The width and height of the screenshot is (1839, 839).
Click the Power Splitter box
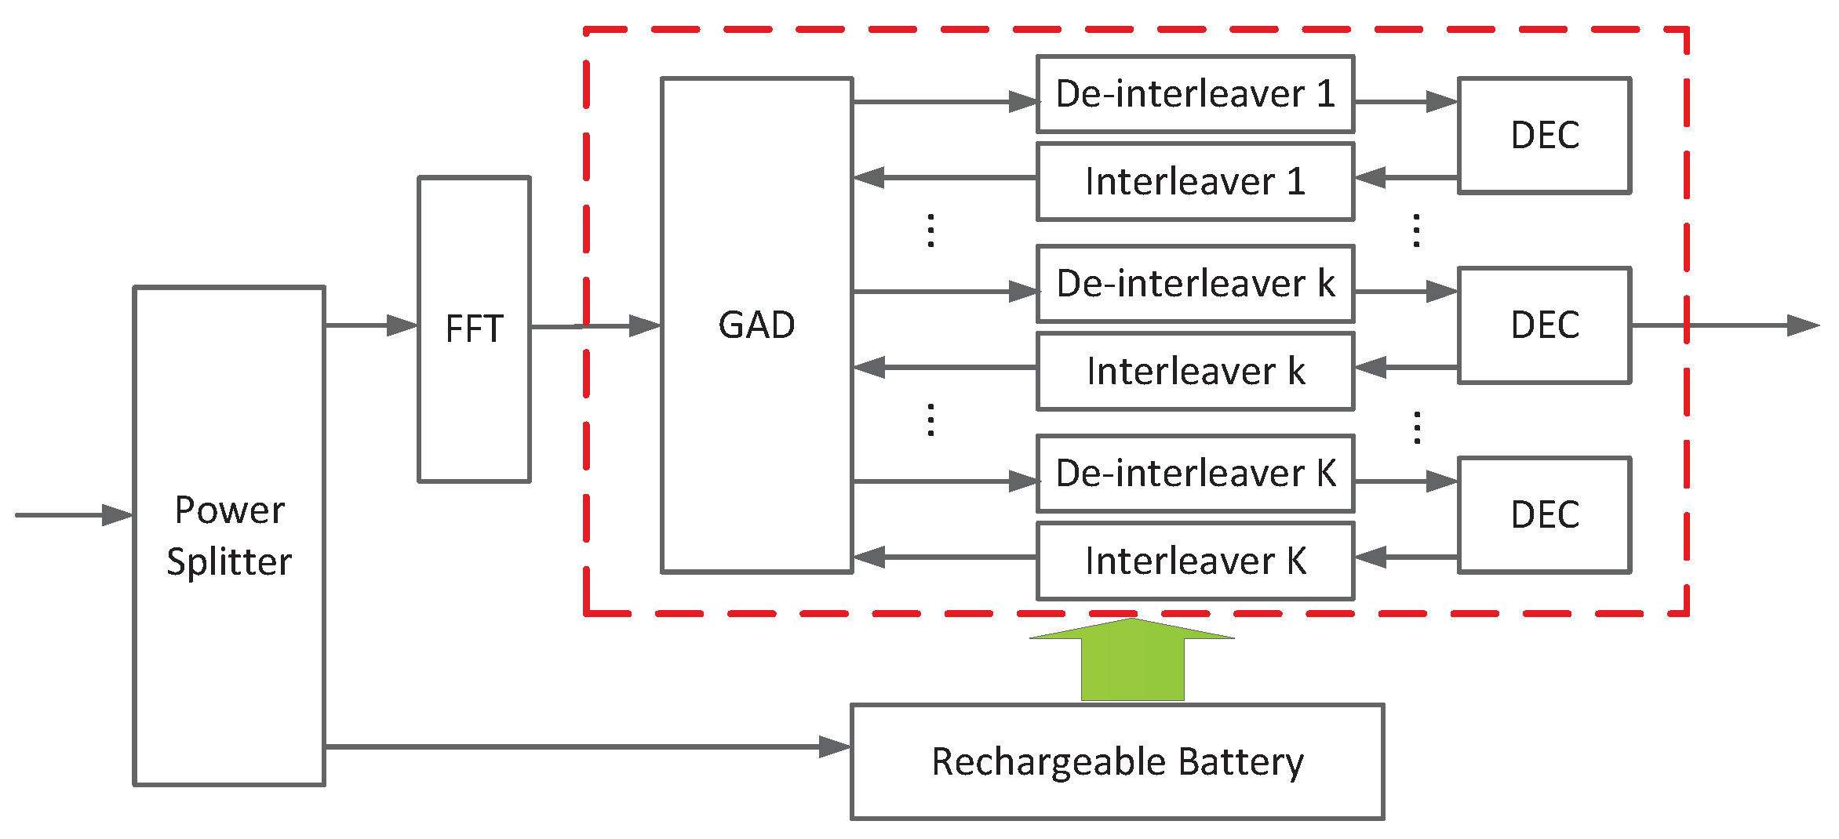[x=229, y=536]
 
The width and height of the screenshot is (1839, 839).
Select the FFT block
[x=474, y=329]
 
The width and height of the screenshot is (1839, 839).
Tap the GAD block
[x=756, y=325]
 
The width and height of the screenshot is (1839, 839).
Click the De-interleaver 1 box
[x=1195, y=94]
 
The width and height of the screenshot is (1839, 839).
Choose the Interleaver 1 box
[x=1195, y=182]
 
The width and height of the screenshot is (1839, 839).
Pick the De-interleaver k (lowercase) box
[x=1195, y=284]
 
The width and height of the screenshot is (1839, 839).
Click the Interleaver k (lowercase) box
[x=1195, y=372]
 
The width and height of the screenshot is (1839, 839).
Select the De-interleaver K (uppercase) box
[x=1195, y=474]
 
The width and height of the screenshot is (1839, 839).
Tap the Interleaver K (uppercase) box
[x=1195, y=561]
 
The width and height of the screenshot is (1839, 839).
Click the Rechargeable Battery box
[x=1117, y=761]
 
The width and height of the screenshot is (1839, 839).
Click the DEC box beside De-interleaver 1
[x=1544, y=135]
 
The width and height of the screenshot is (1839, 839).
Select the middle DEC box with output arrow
[x=1544, y=325]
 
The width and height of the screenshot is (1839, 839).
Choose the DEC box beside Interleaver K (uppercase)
[x=1544, y=515]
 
